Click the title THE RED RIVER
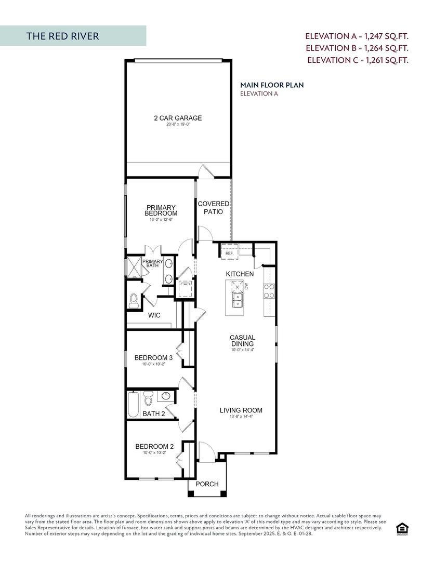pos(62,36)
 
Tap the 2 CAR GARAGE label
pos(178,118)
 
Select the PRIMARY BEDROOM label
pos(161,210)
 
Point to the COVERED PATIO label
pos(213,208)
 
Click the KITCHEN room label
pos(240,274)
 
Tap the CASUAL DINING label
pos(243,341)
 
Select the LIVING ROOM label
pos(241,410)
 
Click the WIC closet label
pos(154,315)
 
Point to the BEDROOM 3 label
pos(153,358)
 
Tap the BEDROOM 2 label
pos(154,446)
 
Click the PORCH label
pos(207,484)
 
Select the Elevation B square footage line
pos(357,48)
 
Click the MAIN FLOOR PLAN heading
pos(272,85)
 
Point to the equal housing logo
pos(402,529)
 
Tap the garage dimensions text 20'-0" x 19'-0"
pos(178,125)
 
